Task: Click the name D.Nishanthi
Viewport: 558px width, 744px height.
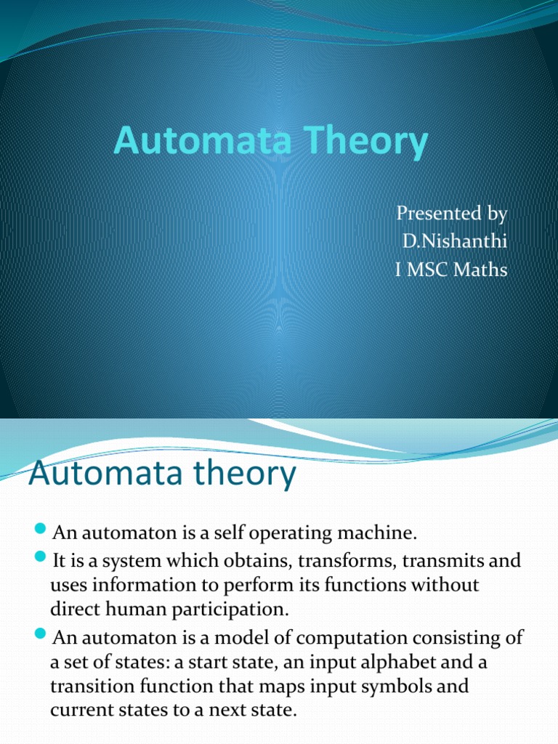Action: coord(453,243)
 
